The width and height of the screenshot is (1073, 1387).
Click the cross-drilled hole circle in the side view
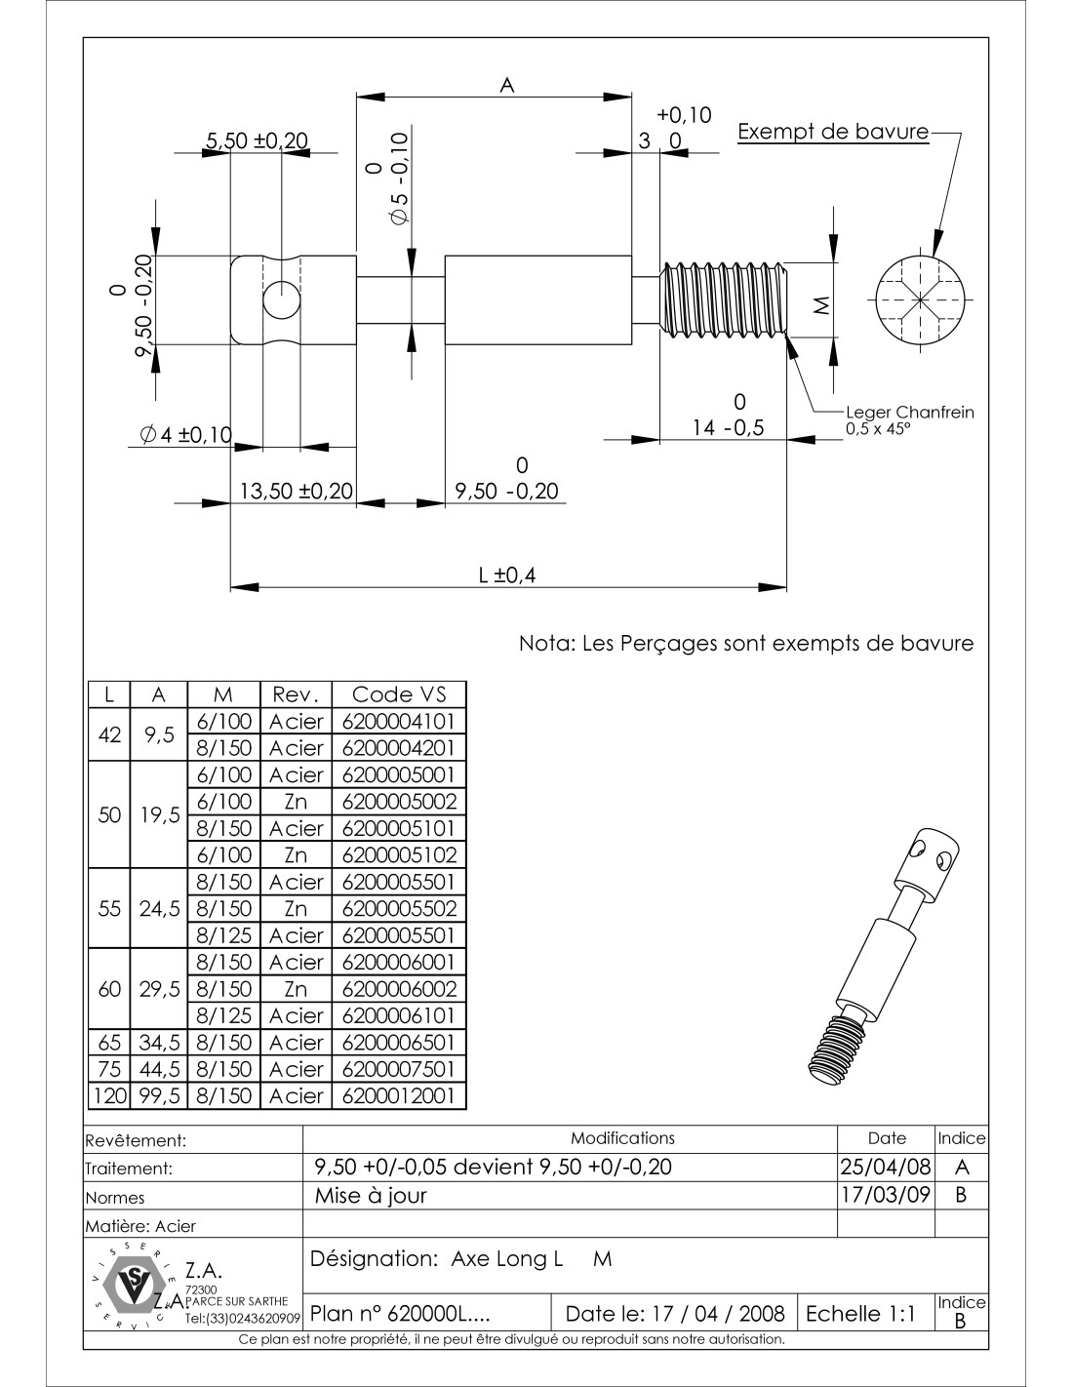click(x=281, y=299)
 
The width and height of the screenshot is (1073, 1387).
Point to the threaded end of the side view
click(x=725, y=299)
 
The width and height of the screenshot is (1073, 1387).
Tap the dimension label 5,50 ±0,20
click(x=255, y=141)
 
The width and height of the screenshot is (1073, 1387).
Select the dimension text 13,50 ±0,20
click(x=296, y=491)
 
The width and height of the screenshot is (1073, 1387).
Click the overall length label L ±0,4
click(x=507, y=575)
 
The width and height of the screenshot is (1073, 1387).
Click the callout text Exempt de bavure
click(x=833, y=132)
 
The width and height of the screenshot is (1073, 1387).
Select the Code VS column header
click(x=399, y=694)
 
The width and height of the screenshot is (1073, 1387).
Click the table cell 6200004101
click(x=399, y=722)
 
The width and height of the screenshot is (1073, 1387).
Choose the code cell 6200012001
click(x=399, y=1095)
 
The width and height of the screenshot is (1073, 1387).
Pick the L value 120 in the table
click(x=109, y=1095)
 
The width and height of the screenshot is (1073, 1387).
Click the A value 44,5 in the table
click(x=159, y=1069)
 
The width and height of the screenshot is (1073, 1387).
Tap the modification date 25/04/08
click(x=886, y=1167)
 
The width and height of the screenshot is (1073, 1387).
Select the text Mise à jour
click(x=371, y=1195)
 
